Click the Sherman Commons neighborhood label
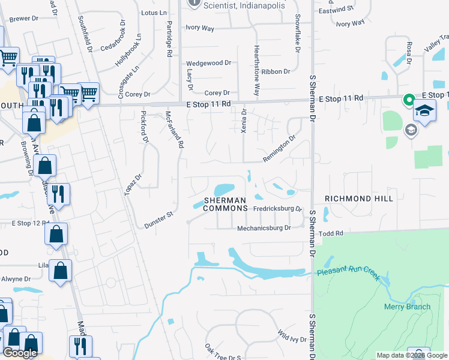click(225, 203)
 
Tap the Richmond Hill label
click(359, 198)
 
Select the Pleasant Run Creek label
click(349, 272)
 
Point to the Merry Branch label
click(407, 307)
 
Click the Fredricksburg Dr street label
click(277, 209)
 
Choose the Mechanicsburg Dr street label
click(264, 228)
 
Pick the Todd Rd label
click(331, 233)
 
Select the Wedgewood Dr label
click(209, 63)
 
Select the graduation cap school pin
click(425, 112)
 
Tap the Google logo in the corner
click(20, 353)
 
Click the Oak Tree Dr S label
click(222, 354)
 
